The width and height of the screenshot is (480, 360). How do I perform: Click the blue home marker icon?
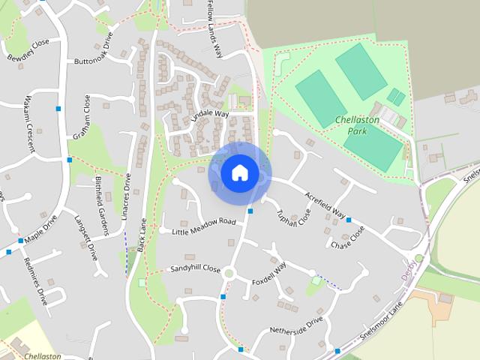[x=239, y=173]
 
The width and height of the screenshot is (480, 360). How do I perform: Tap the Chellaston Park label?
[x=358, y=125]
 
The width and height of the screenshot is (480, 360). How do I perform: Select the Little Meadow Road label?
[x=204, y=226]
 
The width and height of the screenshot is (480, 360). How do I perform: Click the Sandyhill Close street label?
[x=194, y=268]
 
